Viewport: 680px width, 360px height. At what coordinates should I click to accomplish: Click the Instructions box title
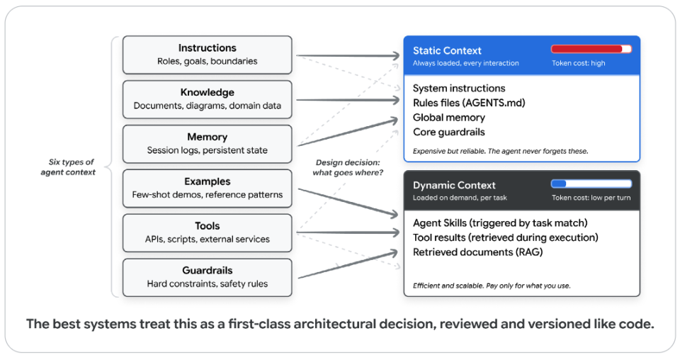pyautogui.click(x=208, y=47)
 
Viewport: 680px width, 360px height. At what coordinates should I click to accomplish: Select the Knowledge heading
pyautogui.click(x=208, y=92)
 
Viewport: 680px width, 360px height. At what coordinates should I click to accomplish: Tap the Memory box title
pyautogui.click(x=208, y=137)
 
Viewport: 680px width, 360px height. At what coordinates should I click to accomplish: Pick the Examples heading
pyautogui.click(x=208, y=181)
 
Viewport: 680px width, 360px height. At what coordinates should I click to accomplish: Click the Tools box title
pyautogui.click(x=208, y=226)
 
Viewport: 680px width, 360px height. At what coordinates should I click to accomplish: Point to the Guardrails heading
pyautogui.click(x=208, y=270)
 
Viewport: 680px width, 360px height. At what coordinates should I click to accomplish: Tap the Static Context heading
pyautogui.click(x=447, y=51)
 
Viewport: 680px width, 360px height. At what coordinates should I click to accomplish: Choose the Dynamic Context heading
pyautogui.click(x=454, y=185)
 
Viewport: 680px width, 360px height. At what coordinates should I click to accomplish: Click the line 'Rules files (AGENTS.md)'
pyautogui.click(x=469, y=103)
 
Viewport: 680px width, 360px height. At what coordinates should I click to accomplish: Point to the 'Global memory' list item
pyautogui.click(x=449, y=118)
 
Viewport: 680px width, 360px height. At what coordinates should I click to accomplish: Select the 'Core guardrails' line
pyautogui.click(x=449, y=132)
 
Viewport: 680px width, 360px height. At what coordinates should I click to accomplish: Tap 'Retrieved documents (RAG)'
pyautogui.click(x=478, y=252)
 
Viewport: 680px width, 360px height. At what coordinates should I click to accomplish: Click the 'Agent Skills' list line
pyautogui.click(x=500, y=223)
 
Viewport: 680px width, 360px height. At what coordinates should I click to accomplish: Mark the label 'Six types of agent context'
pyautogui.click(x=69, y=167)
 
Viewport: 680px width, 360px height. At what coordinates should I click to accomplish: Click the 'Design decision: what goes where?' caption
pyautogui.click(x=348, y=167)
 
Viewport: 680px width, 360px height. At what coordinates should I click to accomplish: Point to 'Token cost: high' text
pyautogui.click(x=579, y=63)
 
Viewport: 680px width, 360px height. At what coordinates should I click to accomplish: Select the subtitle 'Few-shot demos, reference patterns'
pyautogui.click(x=208, y=195)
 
